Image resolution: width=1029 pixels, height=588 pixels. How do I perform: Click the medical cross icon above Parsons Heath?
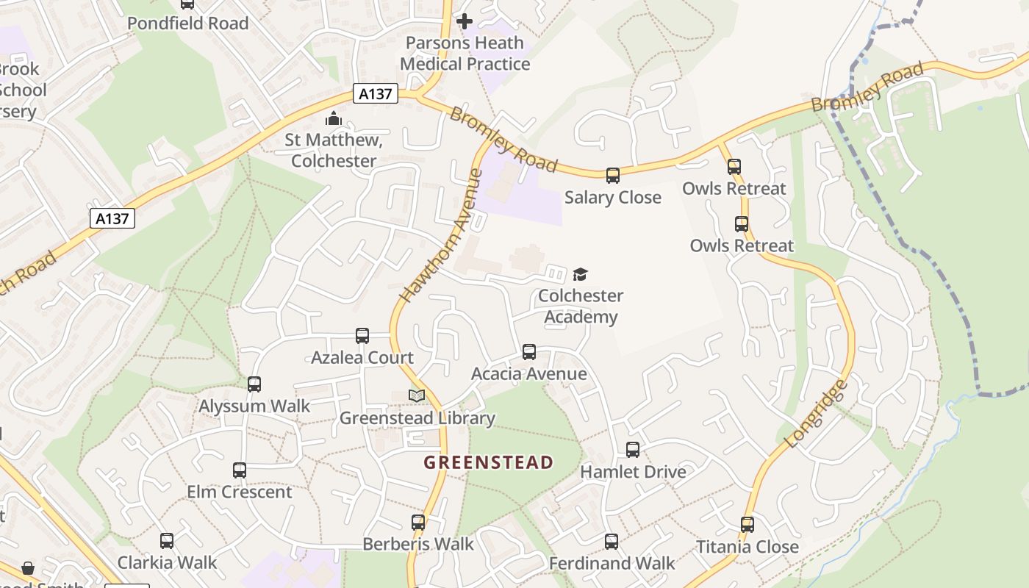click(x=465, y=21)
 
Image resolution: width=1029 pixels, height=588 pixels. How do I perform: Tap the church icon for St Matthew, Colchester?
click(x=334, y=118)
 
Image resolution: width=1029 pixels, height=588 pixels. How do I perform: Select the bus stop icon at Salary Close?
click(x=612, y=176)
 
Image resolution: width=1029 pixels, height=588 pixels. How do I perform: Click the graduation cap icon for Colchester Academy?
click(x=581, y=274)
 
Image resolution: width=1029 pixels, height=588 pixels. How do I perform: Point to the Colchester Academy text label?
click(x=581, y=306)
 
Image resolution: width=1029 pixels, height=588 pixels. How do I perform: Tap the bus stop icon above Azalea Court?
click(x=362, y=336)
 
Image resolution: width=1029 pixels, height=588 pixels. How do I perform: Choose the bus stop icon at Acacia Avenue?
click(x=528, y=352)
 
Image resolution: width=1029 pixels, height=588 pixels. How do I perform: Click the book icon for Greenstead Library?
click(x=417, y=396)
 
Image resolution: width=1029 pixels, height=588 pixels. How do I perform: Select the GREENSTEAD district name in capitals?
click(x=488, y=462)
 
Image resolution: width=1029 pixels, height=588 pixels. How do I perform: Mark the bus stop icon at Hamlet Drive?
click(x=632, y=450)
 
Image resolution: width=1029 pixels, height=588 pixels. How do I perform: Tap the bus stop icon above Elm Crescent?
click(x=239, y=470)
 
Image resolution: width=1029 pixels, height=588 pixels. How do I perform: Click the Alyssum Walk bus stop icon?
click(x=254, y=384)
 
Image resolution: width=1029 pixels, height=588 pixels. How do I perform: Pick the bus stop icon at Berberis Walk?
click(x=418, y=523)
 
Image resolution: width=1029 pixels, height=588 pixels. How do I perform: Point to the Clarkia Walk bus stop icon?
click(x=167, y=541)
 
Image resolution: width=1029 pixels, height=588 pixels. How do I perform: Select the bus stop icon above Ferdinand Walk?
click(x=611, y=542)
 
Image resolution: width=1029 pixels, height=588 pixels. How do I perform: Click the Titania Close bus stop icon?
click(x=747, y=525)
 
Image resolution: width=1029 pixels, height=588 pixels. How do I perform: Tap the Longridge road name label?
click(x=816, y=414)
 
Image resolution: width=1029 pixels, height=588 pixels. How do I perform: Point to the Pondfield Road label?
click(x=188, y=23)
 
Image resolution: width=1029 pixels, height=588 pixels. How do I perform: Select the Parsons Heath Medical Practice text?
click(x=465, y=54)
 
